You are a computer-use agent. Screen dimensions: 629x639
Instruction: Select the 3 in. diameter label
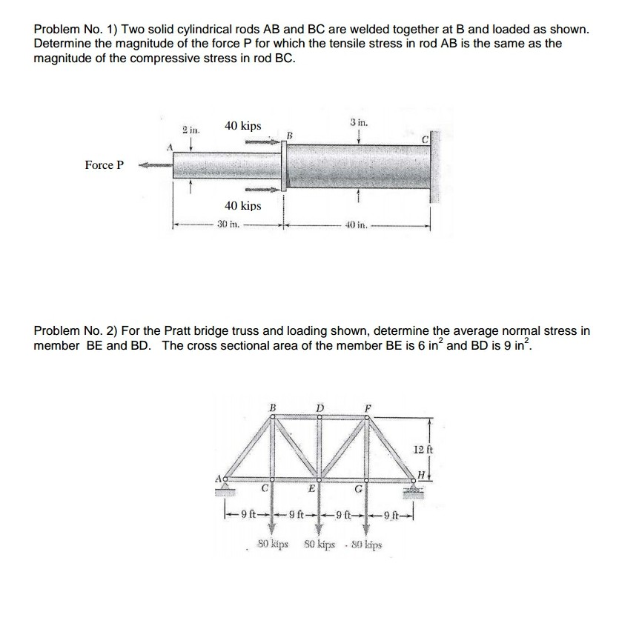(358, 121)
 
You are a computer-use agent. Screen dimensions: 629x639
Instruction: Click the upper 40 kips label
(242, 126)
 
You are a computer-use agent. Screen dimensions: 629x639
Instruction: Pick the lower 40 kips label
(242, 205)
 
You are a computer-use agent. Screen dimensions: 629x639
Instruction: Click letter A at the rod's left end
(170, 147)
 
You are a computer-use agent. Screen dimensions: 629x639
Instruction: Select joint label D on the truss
(320, 407)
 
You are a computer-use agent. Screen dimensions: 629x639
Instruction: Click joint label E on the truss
(313, 488)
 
